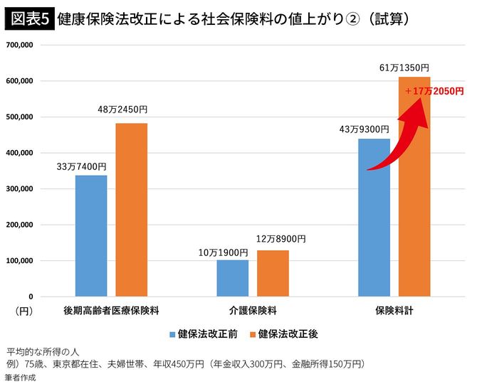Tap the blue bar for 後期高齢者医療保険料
(x=91, y=235)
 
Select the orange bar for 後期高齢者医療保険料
(x=132, y=210)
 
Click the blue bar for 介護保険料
(x=233, y=278)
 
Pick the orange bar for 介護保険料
(x=273, y=273)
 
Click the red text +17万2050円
(x=434, y=92)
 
